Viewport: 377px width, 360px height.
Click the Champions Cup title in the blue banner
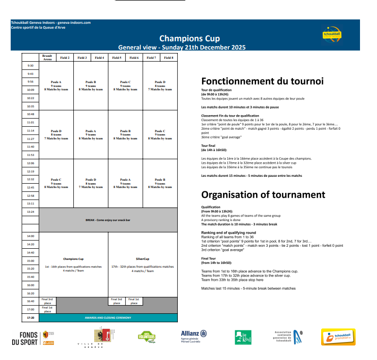[x=189, y=38]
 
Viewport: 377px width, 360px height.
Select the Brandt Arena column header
[x=47, y=57]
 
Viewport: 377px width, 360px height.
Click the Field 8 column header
[x=169, y=57]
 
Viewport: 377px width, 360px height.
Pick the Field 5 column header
[x=117, y=57]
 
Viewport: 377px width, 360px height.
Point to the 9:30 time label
[x=31, y=66]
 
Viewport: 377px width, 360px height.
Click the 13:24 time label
[x=31, y=212]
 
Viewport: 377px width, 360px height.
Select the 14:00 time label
[x=31, y=236]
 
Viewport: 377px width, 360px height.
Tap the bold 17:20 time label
[x=31, y=318]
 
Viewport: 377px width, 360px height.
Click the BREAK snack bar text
[x=108, y=220]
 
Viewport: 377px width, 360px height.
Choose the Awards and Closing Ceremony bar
[x=108, y=318]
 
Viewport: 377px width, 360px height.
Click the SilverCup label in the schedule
[x=142, y=259]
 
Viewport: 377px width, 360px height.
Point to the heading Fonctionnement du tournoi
[x=262, y=81]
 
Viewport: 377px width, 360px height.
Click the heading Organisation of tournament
[x=263, y=194]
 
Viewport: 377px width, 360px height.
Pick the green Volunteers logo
[x=146, y=336]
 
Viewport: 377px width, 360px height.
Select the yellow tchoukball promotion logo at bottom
[x=340, y=337]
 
